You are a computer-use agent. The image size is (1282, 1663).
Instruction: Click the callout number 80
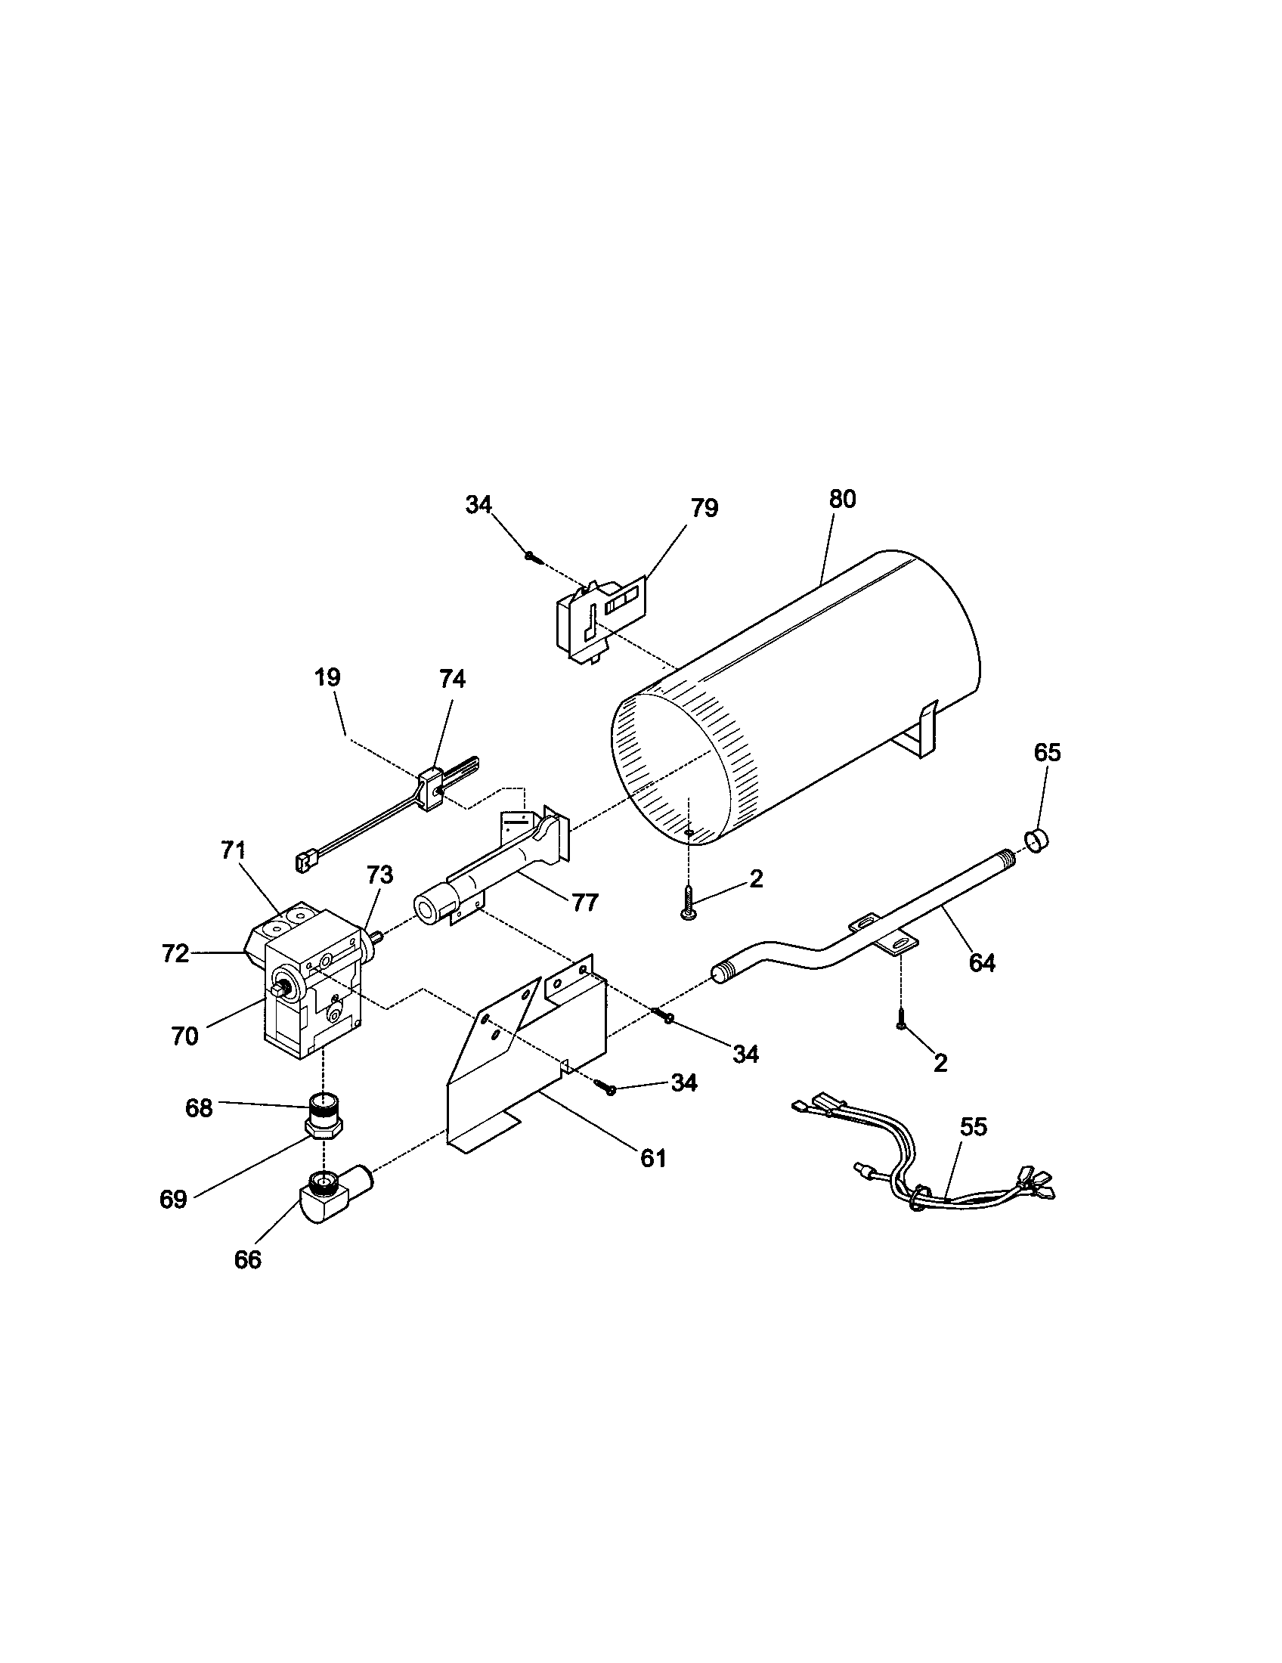[x=842, y=500]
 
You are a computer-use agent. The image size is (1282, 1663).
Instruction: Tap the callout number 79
[x=705, y=508]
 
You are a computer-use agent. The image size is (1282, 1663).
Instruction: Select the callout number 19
[x=328, y=677]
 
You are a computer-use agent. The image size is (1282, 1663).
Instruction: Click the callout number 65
[x=1047, y=752]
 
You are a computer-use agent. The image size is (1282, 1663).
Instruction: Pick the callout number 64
[x=982, y=962]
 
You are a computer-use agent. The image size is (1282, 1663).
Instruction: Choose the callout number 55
[x=973, y=1126]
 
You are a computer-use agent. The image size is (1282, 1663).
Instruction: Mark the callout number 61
[x=653, y=1158]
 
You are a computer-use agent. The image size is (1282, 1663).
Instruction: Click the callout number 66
[x=247, y=1260]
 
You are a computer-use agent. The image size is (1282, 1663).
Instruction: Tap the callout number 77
[x=584, y=903]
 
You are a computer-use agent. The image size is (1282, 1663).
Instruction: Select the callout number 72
[x=175, y=953]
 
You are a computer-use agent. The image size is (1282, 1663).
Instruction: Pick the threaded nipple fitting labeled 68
[x=326, y=1115]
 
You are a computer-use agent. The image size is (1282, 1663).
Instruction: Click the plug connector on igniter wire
[x=302, y=862]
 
